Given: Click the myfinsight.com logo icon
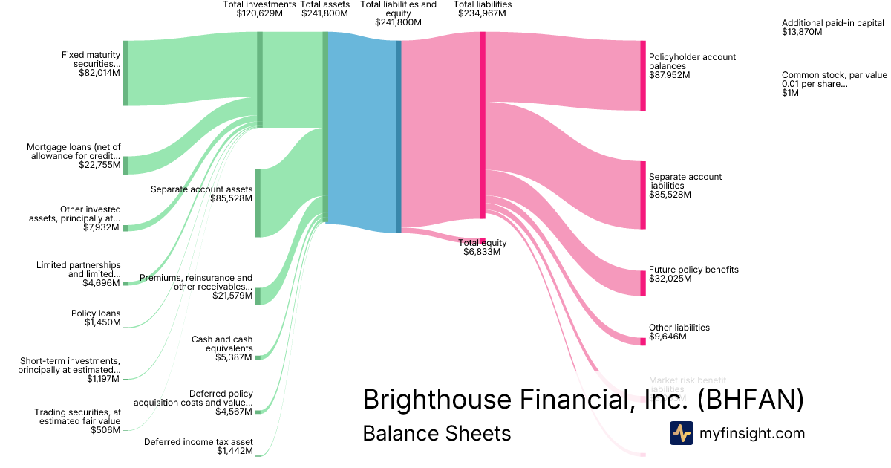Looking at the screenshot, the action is (x=681, y=433).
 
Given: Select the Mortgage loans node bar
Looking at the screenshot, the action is (x=125, y=165).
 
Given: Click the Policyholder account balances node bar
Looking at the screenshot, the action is (x=643, y=76).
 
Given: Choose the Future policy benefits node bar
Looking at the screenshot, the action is (x=643, y=283).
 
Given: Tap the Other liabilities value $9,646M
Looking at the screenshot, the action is (x=668, y=337).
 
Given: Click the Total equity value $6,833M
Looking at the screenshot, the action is (x=483, y=252).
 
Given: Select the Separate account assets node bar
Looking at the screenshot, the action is (x=258, y=203).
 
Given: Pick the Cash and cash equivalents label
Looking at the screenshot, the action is (x=222, y=344).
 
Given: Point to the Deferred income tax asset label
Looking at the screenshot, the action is (x=198, y=441).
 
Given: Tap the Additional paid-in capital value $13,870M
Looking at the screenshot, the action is (x=802, y=33).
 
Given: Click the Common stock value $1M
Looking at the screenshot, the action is (x=790, y=93).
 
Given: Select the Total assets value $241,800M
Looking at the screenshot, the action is (x=324, y=13).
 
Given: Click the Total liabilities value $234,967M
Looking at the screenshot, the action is (x=483, y=13).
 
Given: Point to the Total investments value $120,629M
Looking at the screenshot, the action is (x=260, y=13).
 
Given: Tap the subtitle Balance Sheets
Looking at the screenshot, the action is (x=437, y=433).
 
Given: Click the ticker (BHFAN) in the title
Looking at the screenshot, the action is (x=751, y=400).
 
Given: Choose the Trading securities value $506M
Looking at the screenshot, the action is (x=105, y=430).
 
